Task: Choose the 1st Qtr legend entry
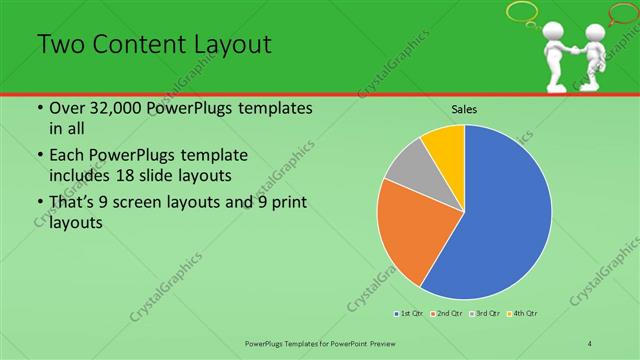pos(408,314)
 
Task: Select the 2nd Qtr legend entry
pos(447,314)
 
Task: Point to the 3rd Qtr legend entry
pos(486,314)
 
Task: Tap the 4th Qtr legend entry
pos(525,314)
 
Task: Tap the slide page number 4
pos(590,343)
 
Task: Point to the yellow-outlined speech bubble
pos(522,13)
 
